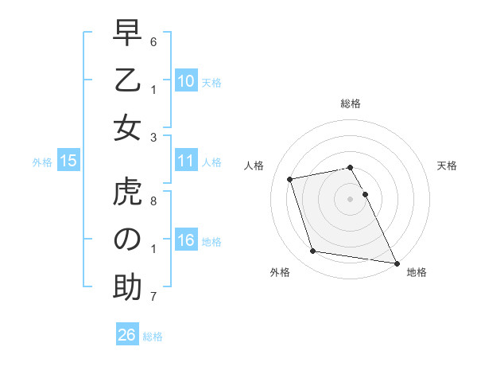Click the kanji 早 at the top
pyautogui.click(x=127, y=34)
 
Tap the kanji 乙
pyautogui.click(x=127, y=81)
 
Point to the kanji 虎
pyautogui.click(x=127, y=193)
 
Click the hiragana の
pyautogui.click(x=127, y=240)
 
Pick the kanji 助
pyautogui.click(x=127, y=287)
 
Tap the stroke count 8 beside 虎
pyautogui.click(x=153, y=201)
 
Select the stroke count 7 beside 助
pyautogui.click(x=153, y=297)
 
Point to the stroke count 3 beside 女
pyautogui.click(x=153, y=137)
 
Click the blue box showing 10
pyautogui.click(x=185, y=81)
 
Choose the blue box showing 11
pyautogui.click(x=185, y=161)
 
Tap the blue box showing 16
pyautogui.click(x=185, y=241)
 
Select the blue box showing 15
pyautogui.click(x=68, y=161)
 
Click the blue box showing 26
pyautogui.click(x=126, y=335)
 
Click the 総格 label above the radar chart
pyautogui.click(x=351, y=103)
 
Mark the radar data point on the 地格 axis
pyautogui.click(x=395, y=263)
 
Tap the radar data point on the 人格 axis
pyautogui.click(x=290, y=178)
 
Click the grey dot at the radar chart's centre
pyautogui.click(x=350, y=198)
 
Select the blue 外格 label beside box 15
pyautogui.click(x=42, y=162)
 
